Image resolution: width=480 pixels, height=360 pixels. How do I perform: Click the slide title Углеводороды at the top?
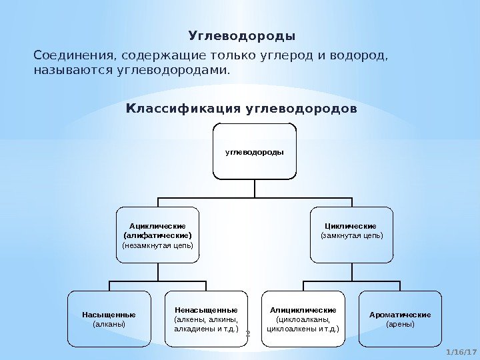click(x=242, y=35)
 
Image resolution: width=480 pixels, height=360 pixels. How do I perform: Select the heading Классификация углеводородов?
click(x=241, y=107)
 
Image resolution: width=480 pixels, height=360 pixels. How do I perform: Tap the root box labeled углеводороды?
click(x=255, y=151)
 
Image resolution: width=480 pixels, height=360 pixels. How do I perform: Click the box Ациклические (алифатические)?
click(x=158, y=235)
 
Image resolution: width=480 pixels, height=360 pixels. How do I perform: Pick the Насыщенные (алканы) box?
click(x=109, y=319)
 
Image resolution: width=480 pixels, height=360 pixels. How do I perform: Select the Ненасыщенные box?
click(x=205, y=319)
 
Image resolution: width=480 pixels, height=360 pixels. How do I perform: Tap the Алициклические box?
click(x=303, y=319)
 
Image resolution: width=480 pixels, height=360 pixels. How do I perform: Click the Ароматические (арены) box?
click(x=400, y=319)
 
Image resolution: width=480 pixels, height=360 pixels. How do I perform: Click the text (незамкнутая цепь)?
click(x=158, y=245)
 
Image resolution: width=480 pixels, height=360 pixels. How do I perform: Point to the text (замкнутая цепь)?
click(x=352, y=235)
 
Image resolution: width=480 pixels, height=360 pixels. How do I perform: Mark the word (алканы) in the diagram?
click(x=109, y=324)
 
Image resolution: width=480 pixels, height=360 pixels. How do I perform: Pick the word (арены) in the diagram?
click(x=400, y=324)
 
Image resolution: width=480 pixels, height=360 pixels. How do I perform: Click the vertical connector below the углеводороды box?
click(x=255, y=189)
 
